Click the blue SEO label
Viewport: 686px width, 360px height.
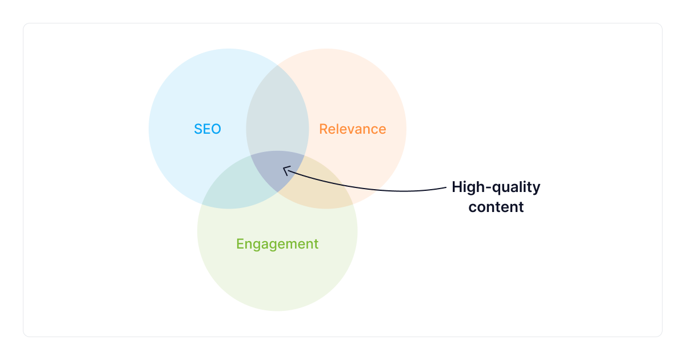click(207, 129)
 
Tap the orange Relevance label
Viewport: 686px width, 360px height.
click(352, 129)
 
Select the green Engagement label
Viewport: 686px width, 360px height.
click(277, 244)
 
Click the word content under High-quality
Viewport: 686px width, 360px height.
click(496, 207)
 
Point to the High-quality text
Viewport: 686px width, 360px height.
click(496, 187)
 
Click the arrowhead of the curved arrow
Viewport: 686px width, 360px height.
click(285, 169)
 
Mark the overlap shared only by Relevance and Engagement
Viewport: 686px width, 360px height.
click(320, 189)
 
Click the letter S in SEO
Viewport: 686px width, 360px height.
click(198, 129)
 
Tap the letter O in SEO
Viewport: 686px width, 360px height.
click(216, 129)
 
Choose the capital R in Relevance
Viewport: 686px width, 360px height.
click(323, 129)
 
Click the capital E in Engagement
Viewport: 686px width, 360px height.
click(240, 244)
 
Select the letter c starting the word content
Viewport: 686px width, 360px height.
click(472, 207)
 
